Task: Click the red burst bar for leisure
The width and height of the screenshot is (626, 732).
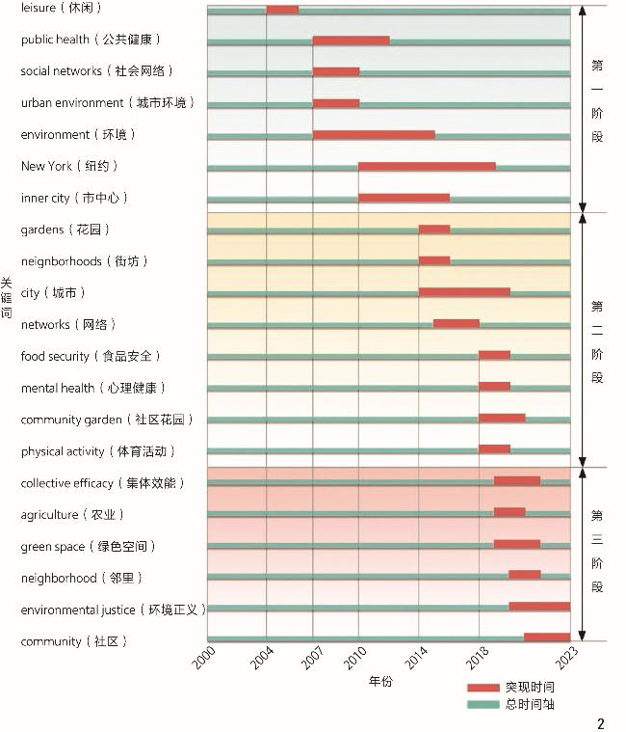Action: point(282,10)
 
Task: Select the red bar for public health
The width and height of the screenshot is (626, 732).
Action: point(351,41)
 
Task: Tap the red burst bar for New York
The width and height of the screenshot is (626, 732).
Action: point(427,167)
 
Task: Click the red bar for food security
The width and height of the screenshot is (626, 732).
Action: point(494,356)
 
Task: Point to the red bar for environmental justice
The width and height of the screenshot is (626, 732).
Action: point(539,607)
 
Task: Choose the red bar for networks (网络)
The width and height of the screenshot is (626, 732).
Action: point(456,324)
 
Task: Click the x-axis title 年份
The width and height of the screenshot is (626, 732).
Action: point(380,681)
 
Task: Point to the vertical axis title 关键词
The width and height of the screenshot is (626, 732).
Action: point(7,299)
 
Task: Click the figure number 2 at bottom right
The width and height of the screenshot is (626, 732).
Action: point(601,723)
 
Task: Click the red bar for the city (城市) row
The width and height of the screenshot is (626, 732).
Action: point(464,292)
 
